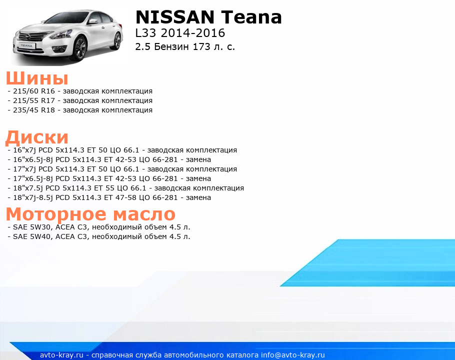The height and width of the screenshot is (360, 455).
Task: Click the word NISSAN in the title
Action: (x=175, y=17)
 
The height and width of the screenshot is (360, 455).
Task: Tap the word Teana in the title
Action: (x=251, y=17)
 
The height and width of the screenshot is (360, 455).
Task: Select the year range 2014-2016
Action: (x=193, y=33)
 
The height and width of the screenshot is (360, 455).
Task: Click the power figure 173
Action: (x=201, y=46)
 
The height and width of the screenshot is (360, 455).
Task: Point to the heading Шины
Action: (x=37, y=78)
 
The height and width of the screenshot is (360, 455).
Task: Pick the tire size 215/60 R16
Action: (x=34, y=91)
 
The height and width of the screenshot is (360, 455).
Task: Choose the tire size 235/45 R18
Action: (x=34, y=110)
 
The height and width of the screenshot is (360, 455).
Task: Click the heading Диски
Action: (x=37, y=137)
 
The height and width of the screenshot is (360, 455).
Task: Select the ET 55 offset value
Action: (x=104, y=188)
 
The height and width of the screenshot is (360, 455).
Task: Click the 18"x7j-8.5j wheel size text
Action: (x=33, y=198)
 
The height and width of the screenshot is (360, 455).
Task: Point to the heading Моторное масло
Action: (x=90, y=214)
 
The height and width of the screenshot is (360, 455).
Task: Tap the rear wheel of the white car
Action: (x=117, y=41)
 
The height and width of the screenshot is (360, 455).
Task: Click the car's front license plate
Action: (x=26, y=46)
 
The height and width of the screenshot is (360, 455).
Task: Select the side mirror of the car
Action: (x=93, y=21)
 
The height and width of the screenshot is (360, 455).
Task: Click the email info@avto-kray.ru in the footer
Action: (x=293, y=355)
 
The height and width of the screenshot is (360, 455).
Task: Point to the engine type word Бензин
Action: (x=171, y=46)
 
